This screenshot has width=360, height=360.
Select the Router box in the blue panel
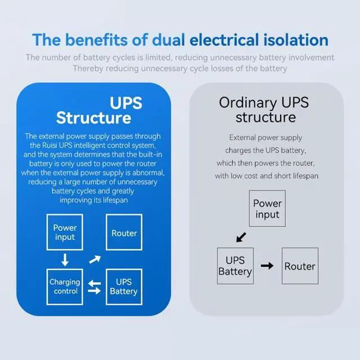(x=124, y=233)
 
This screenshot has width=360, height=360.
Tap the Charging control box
(x=65, y=287)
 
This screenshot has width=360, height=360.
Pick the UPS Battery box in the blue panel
(x=124, y=287)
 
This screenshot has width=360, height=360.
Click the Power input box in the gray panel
(x=267, y=209)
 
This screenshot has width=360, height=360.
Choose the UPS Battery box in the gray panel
(x=235, y=265)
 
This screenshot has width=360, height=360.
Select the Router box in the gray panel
(x=300, y=265)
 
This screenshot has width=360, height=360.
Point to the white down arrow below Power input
(x=65, y=260)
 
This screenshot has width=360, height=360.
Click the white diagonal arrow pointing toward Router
(x=95, y=259)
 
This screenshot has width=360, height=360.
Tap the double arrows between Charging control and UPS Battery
(x=94, y=287)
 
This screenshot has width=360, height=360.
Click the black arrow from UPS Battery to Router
(x=267, y=265)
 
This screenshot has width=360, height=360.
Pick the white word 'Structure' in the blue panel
(x=93, y=118)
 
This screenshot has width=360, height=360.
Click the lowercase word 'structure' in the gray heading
(x=265, y=118)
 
